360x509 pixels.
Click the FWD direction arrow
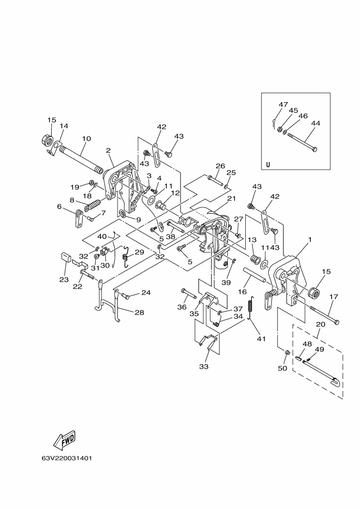pyautogui.click(x=64, y=440)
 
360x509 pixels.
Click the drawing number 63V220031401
pyautogui.click(x=66, y=458)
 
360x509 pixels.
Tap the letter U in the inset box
pyautogui.click(x=268, y=164)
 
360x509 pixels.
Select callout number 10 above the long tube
pyautogui.click(x=86, y=139)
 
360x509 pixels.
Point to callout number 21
pyautogui.click(x=232, y=198)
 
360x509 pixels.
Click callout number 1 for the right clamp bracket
pyautogui.click(x=310, y=240)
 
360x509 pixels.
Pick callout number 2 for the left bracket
pyautogui.click(x=108, y=150)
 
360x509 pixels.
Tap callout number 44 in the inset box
pyautogui.click(x=315, y=123)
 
